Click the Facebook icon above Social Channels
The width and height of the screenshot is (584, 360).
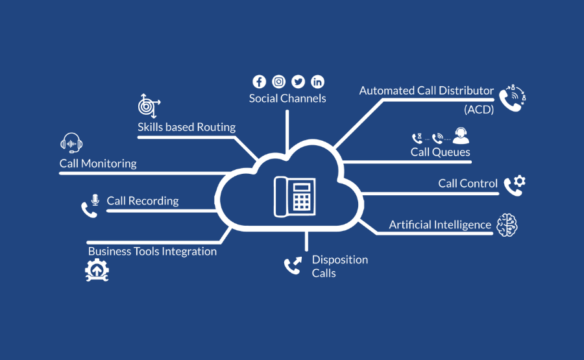pos(259,82)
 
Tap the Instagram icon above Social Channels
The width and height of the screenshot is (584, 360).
pos(278,82)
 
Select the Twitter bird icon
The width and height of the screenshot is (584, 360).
pos(298,82)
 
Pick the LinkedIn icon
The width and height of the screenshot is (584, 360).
pos(317,82)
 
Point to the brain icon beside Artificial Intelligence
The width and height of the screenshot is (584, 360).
pos(507,224)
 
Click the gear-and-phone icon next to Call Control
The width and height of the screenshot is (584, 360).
pos(514,185)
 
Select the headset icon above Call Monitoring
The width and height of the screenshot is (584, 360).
pos(71,143)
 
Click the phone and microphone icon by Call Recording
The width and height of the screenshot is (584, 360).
pos(90,204)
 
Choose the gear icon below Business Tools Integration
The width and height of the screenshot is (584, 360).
pos(97,270)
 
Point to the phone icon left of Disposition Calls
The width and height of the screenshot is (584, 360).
pos(293,265)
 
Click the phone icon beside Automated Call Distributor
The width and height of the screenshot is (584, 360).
pos(511,98)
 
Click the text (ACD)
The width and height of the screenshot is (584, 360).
pos(479,110)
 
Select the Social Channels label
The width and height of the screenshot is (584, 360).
pos(287,99)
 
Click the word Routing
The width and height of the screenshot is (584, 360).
pos(216,127)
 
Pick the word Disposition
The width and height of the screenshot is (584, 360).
pos(339,259)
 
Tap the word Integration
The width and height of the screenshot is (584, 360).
pos(188,251)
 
